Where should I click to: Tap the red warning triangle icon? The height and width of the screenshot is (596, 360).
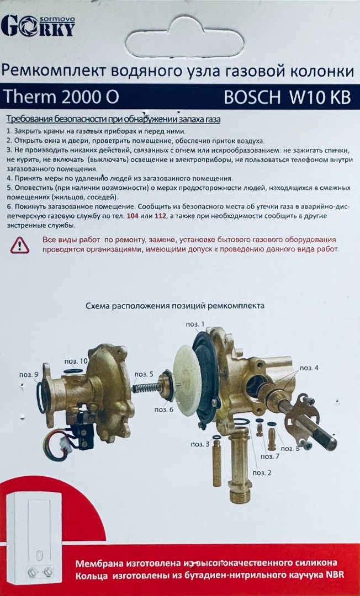click(20, 245)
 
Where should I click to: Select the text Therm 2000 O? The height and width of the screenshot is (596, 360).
click(61, 97)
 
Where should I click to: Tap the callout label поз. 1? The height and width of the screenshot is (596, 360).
click(195, 324)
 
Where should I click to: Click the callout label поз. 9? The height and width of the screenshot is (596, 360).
click(29, 375)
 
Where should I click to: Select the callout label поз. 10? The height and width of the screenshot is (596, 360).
click(76, 361)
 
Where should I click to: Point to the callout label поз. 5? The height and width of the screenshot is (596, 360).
click(144, 375)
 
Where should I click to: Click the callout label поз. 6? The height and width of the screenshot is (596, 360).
click(164, 409)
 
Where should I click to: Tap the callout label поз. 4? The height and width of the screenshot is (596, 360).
click(309, 368)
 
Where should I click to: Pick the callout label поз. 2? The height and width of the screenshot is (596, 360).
click(262, 473)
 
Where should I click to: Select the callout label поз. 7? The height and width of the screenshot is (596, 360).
click(269, 456)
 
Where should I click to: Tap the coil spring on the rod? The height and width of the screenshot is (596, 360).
click(146, 387)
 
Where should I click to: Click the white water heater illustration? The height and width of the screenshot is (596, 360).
click(34, 540)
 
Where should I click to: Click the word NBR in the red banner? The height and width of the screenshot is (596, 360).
click(335, 575)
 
